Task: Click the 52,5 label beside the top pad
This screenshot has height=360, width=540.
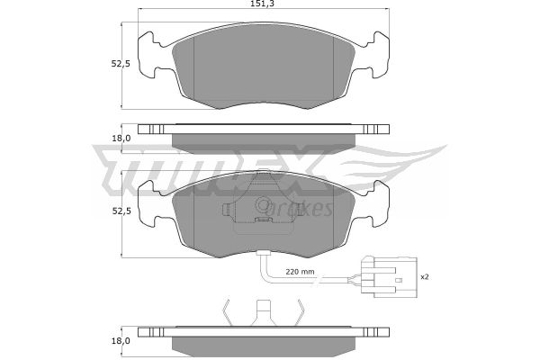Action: click(x=121, y=64)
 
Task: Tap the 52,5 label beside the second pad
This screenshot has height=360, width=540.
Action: click(x=121, y=211)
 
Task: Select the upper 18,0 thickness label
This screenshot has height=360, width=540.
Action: click(x=121, y=138)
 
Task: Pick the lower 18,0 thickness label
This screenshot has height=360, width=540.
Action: click(x=121, y=341)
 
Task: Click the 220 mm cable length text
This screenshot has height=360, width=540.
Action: click(x=300, y=272)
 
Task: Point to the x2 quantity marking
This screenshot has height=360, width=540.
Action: click(x=425, y=276)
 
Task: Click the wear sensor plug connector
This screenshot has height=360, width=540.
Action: click(x=389, y=277)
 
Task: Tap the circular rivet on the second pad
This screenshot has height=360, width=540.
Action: click(x=263, y=205)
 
